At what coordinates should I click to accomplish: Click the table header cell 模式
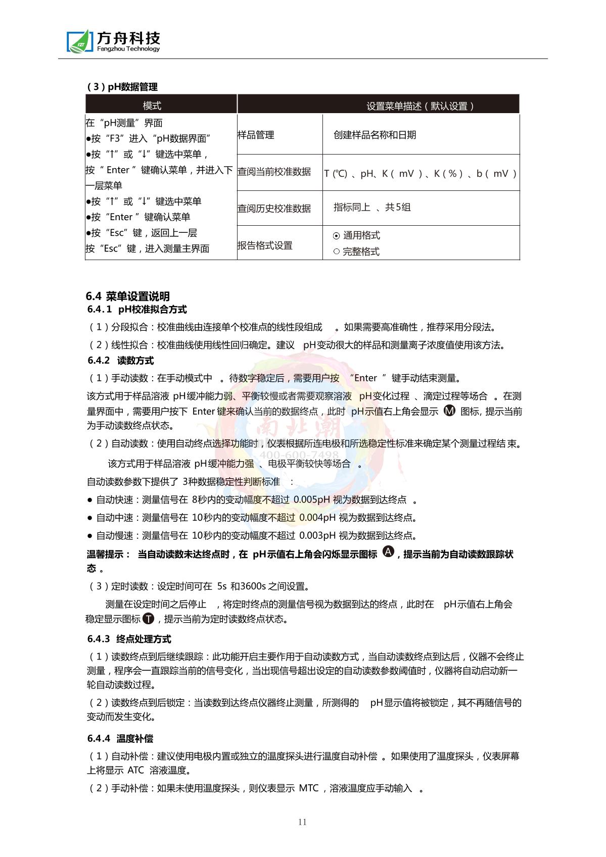tap(152, 106)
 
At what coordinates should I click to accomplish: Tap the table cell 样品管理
tap(256, 135)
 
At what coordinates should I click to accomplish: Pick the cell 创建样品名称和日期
tap(375, 135)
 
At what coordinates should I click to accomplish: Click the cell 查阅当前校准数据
tap(274, 172)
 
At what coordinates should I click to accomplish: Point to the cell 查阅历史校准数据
tap(274, 208)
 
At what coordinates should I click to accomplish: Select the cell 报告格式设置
tap(265, 245)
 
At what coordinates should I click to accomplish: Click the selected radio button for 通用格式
tap(337, 235)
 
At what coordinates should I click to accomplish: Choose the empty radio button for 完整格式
tap(337, 251)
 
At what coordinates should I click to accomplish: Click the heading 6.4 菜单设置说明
tap(128, 296)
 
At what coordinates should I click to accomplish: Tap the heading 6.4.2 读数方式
tap(121, 361)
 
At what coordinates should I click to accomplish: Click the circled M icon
tap(449, 410)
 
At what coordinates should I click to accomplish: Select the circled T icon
tap(148, 618)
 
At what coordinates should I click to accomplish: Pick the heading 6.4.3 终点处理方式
tap(129, 639)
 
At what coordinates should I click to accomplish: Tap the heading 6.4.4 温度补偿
tap(120, 738)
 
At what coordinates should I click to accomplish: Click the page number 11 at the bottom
tap(302, 822)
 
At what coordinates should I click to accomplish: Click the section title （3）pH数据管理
tap(123, 87)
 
